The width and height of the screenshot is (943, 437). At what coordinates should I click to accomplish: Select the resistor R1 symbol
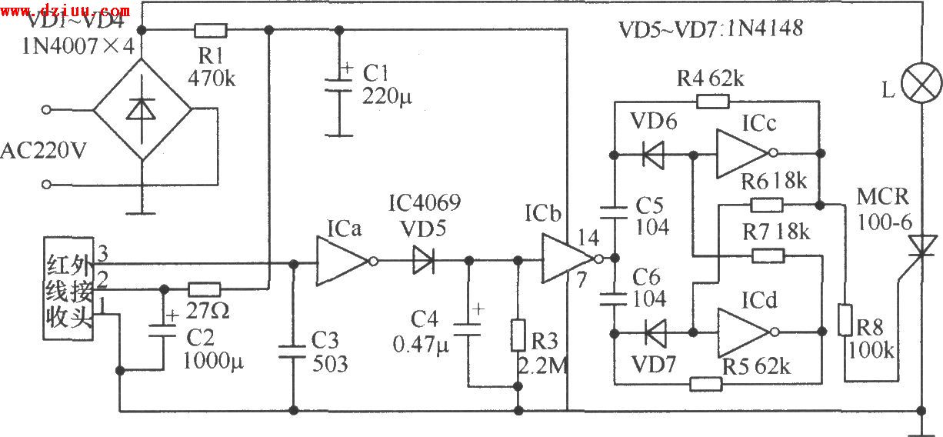210,31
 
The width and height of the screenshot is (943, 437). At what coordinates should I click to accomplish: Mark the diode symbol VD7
655,333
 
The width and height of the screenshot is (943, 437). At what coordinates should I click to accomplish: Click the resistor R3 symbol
518,335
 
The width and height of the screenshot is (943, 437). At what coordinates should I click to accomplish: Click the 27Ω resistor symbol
205,289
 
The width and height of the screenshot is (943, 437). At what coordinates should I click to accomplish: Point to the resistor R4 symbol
711,101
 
